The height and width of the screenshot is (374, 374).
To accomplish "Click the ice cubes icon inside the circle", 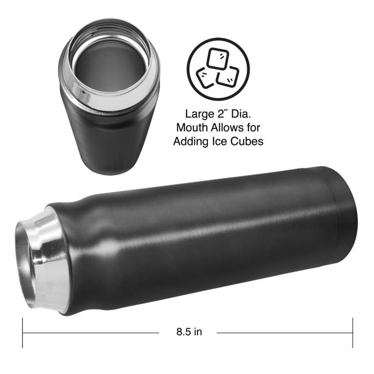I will click(x=218, y=69).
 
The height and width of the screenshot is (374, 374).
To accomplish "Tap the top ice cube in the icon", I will click(x=218, y=59).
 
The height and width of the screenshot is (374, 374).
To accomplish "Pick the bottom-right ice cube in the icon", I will click(x=228, y=77).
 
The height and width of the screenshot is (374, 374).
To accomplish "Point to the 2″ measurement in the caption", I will click(x=224, y=114).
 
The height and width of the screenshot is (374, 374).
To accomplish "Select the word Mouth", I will click(x=192, y=127).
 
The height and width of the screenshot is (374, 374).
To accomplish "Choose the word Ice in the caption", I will click(x=221, y=141).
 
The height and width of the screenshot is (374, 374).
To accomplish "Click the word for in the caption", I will click(x=254, y=127).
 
